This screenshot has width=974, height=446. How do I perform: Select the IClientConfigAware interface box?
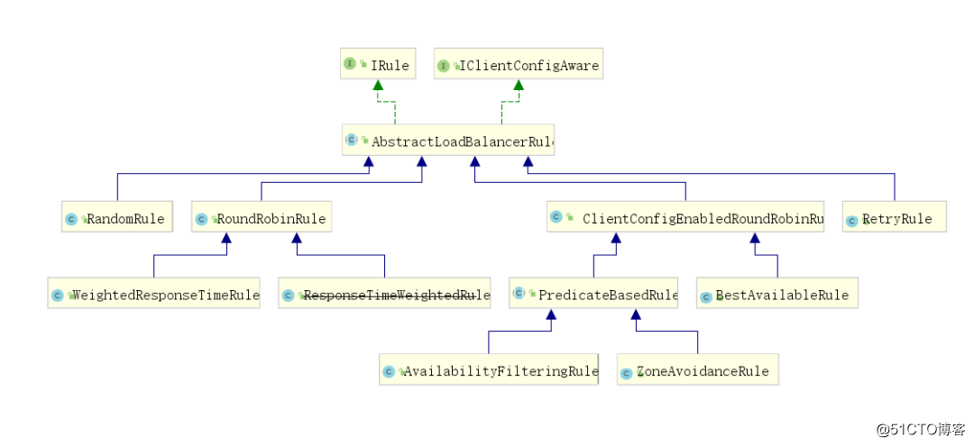[x=518, y=65]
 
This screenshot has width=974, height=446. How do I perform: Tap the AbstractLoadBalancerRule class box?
[x=448, y=141]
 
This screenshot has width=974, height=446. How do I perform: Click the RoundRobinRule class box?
[x=261, y=218]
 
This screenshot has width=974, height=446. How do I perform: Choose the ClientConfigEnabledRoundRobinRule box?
[x=685, y=218]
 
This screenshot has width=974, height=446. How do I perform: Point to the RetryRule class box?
[x=894, y=218]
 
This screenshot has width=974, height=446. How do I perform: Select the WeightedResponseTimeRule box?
[x=154, y=295]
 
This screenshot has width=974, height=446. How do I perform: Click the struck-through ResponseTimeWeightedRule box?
[x=385, y=295]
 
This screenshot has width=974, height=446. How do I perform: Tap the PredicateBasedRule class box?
[x=593, y=295]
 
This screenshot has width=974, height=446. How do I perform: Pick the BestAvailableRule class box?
[x=776, y=295]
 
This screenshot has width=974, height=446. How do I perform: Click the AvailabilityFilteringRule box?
[x=489, y=370]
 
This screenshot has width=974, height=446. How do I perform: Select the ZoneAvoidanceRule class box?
[x=697, y=370]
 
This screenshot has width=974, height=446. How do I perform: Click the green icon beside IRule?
[x=349, y=64]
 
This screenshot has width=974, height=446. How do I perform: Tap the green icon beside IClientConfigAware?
[x=443, y=65]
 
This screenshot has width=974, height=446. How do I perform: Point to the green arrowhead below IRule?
[x=379, y=85]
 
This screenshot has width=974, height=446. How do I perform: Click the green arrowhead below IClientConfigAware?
[x=519, y=85]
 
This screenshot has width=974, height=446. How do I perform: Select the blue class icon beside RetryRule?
[x=851, y=220]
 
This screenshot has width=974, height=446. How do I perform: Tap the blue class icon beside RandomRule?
[x=70, y=219]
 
